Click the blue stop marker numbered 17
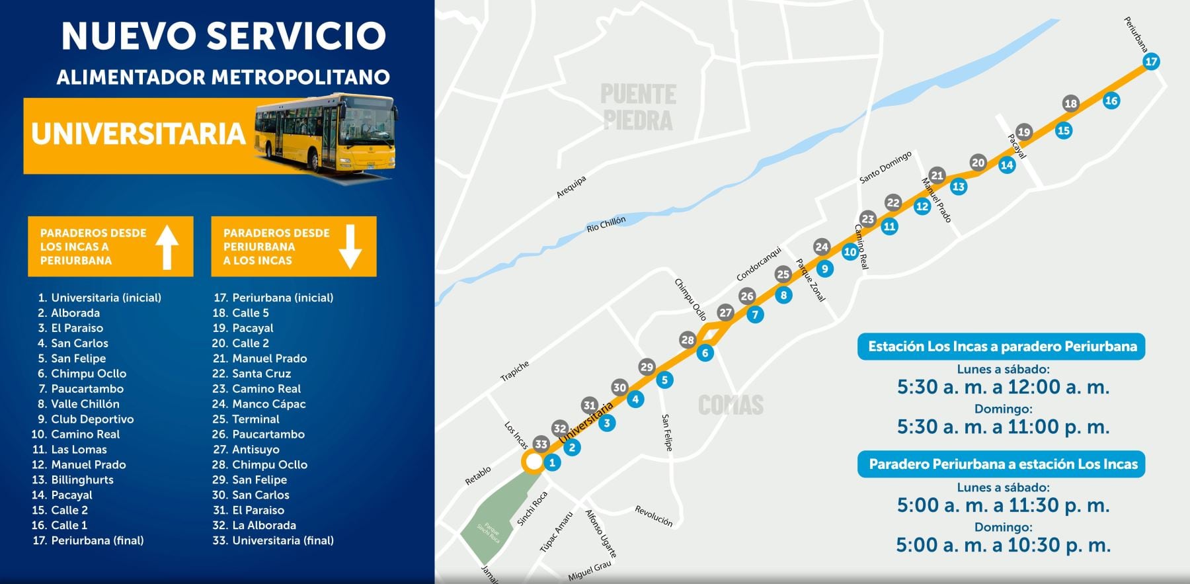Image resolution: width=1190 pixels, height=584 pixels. (x=1151, y=62)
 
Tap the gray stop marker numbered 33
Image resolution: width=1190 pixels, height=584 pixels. (x=541, y=444)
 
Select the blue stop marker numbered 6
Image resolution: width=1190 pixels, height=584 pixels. (x=705, y=353)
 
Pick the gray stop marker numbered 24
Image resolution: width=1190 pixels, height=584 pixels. (x=821, y=247)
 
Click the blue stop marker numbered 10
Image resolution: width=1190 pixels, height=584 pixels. (x=850, y=251)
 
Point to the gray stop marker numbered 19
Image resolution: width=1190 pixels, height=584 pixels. (x=1023, y=132)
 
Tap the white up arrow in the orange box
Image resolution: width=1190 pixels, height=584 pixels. (x=167, y=247)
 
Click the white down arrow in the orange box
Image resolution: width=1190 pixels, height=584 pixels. (x=350, y=247)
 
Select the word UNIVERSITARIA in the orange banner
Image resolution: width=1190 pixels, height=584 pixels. (x=138, y=134)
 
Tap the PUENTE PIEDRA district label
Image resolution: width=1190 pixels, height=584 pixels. (x=638, y=107)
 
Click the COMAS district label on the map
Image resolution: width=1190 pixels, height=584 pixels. (x=731, y=405)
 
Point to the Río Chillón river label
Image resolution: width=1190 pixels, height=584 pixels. (x=606, y=224)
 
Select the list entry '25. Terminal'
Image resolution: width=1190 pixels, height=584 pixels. (x=246, y=419)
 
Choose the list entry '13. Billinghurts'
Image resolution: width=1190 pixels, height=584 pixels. (x=73, y=480)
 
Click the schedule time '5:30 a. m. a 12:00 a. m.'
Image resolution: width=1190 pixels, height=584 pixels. (x=1002, y=387)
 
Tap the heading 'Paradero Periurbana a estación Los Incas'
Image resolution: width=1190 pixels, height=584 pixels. (x=1002, y=464)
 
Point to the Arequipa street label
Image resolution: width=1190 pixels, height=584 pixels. (x=571, y=187)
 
